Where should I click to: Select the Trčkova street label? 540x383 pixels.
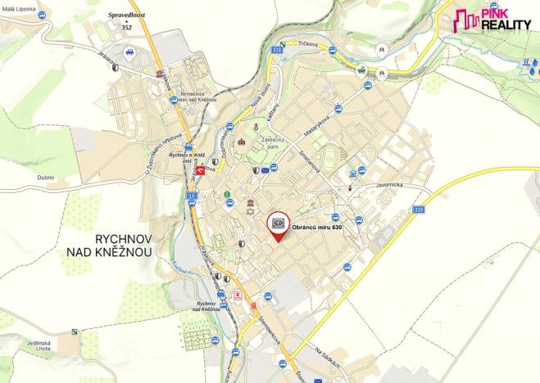point(308,43)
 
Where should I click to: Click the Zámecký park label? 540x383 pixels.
point(273,144)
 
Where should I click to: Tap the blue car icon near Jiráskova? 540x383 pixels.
point(129,52)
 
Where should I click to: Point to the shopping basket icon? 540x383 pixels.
point(360,70)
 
